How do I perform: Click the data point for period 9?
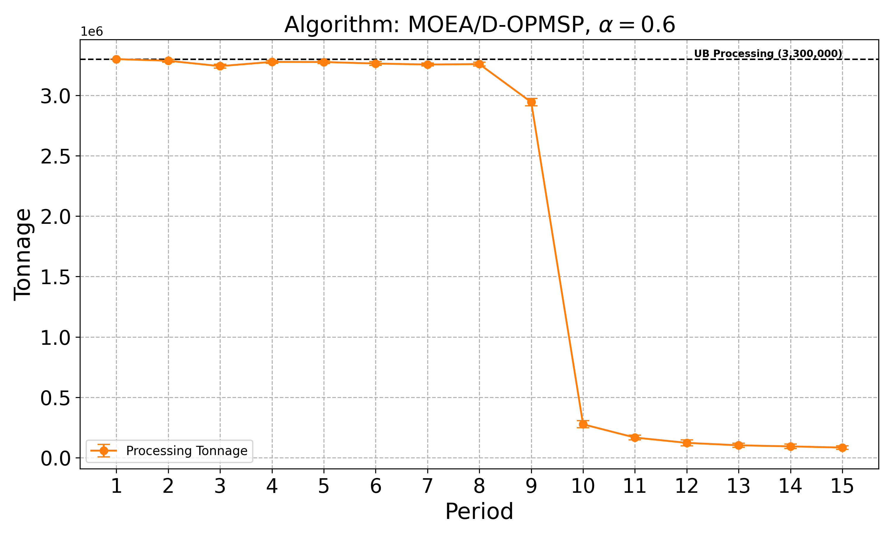[x=531, y=102]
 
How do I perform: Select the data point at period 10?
[x=583, y=424]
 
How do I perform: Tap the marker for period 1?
[x=116, y=59]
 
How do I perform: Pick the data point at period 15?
[x=842, y=447]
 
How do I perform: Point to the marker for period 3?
[x=220, y=66]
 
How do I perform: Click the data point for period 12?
[x=687, y=443]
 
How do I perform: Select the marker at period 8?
[x=479, y=64]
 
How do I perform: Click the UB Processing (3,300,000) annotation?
[x=768, y=54]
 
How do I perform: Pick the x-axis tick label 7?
[x=427, y=486]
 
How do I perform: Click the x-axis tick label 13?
[x=738, y=486]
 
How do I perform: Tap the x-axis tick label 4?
[x=272, y=486]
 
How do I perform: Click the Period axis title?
[x=479, y=511]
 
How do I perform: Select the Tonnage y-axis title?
[x=22, y=254]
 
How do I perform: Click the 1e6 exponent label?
[x=92, y=32]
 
